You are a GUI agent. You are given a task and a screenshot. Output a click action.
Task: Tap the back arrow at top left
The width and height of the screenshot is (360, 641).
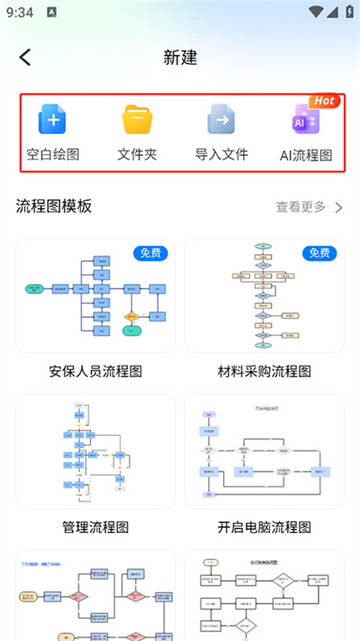(x=25, y=57)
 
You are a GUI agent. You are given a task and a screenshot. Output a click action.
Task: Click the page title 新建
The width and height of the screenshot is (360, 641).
(x=180, y=57)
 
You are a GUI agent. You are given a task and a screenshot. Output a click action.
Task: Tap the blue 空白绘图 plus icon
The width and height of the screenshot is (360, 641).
(x=52, y=119)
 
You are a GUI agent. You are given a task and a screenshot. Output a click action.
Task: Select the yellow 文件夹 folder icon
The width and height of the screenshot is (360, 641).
(x=138, y=119)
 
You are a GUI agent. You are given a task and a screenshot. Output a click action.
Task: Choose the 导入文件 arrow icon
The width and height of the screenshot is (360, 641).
(x=221, y=119)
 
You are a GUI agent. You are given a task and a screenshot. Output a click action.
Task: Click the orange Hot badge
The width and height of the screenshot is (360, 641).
(x=324, y=101)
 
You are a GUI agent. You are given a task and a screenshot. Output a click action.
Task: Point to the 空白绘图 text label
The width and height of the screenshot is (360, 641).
(x=52, y=154)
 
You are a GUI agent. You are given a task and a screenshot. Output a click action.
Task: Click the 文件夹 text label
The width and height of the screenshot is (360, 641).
(x=138, y=154)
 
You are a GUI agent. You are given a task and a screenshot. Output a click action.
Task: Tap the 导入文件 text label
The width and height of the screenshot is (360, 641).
(x=221, y=154)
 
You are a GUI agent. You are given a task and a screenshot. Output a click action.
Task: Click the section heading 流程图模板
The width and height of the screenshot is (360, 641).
(x=54, y=206)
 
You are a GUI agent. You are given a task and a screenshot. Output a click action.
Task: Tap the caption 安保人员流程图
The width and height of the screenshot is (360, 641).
(x=95, y=371)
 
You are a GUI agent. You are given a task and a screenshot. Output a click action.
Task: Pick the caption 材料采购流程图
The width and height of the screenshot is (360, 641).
(x=265, y=371)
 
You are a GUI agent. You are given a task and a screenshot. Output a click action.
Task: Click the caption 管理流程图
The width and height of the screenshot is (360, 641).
(x=95, y=527)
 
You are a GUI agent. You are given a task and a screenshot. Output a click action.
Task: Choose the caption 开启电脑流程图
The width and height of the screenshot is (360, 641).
(x=265, y=527)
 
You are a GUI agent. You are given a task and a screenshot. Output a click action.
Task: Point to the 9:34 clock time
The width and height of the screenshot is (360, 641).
(x=19, y=13)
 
